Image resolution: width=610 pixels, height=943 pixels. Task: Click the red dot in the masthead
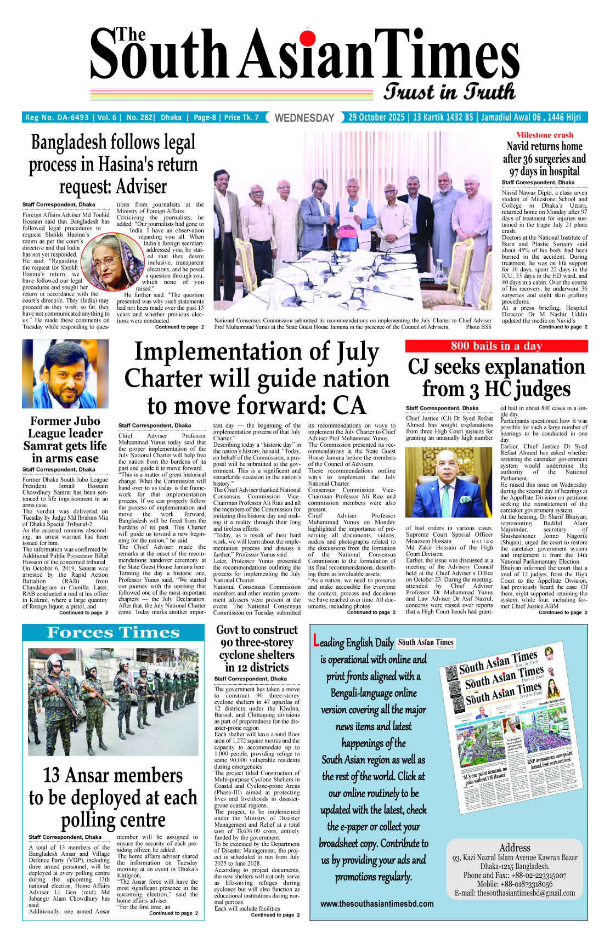[x=308, y=38]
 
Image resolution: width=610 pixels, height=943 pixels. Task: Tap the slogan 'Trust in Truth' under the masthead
[x=449, y=92]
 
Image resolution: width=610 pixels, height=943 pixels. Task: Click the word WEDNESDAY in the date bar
[x=304, y=118]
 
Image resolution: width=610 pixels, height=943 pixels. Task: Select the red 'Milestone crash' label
[x=544, y=135]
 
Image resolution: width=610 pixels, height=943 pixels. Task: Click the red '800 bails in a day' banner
[x=496, y=346]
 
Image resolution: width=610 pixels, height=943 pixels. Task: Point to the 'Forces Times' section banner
[x=114, y=633]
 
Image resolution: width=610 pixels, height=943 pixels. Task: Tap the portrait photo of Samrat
[x=65, y=374]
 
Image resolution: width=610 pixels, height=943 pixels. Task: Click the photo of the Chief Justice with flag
[x=449, y=482]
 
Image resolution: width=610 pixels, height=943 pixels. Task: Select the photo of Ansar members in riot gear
[x=114, y=702]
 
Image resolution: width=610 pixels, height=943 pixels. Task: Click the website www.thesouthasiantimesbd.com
[x=377, y=904]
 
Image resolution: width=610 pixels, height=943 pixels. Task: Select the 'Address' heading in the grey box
[x=515, y=848]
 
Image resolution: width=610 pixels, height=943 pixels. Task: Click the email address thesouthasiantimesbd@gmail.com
[x=526, y=893]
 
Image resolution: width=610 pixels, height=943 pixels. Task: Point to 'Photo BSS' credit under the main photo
[x=478, y=327]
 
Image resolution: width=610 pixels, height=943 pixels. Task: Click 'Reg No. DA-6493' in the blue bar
[x=57, y=117]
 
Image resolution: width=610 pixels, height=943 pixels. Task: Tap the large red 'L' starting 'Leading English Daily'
[x=316, y=641]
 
